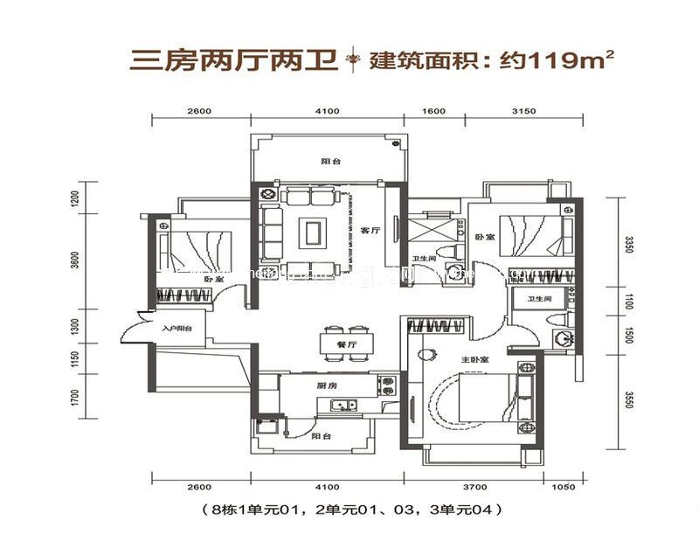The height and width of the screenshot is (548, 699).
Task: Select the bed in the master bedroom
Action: (481, 398)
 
